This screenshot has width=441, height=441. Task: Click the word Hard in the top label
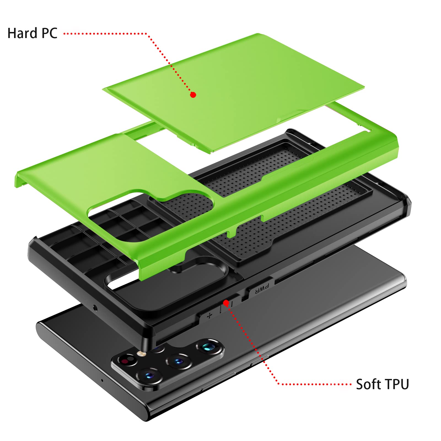22,33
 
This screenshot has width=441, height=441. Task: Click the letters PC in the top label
49,33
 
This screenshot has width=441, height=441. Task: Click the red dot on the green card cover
193,95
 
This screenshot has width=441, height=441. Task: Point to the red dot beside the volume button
226,303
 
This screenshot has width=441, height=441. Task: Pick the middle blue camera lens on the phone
178,361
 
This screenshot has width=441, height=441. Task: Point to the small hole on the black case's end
95,308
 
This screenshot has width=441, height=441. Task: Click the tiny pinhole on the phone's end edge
102,380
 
